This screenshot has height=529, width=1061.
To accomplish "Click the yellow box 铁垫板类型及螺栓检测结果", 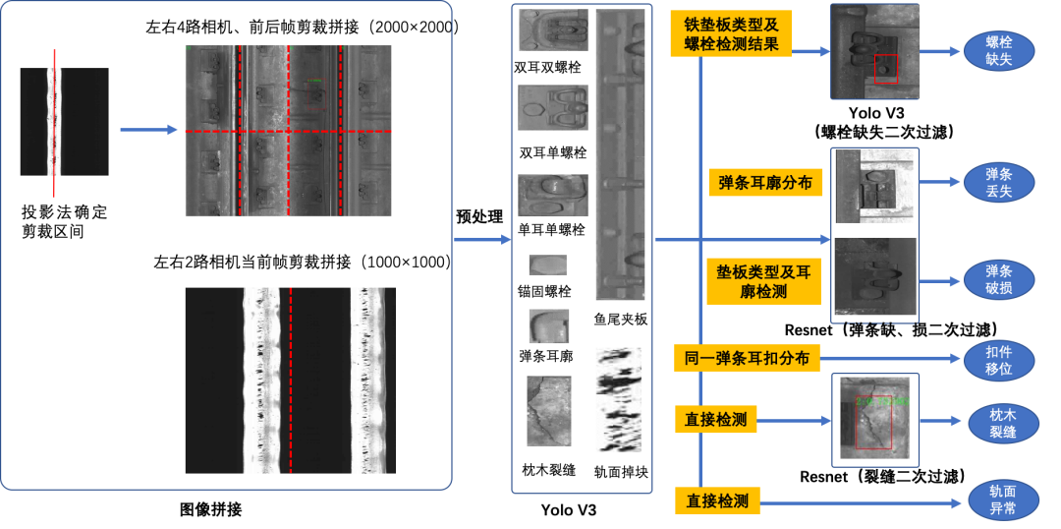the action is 730,33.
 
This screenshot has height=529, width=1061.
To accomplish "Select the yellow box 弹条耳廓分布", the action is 764,183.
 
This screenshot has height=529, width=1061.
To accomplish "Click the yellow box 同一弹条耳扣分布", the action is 747,359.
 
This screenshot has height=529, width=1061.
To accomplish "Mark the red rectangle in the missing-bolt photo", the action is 885,69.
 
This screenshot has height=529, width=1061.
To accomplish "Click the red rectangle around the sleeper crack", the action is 873,423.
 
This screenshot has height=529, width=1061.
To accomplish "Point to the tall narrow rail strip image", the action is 620,154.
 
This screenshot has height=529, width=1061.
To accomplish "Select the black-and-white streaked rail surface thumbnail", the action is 618,399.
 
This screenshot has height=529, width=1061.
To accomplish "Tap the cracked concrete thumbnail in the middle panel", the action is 548,410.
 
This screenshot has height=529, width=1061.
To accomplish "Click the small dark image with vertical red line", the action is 64,122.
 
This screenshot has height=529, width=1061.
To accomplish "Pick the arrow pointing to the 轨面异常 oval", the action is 859,503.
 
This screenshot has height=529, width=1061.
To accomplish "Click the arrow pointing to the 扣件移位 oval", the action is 889,360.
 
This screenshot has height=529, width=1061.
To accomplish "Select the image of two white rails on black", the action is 290,381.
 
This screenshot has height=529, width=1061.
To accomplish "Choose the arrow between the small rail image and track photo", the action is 147,129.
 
